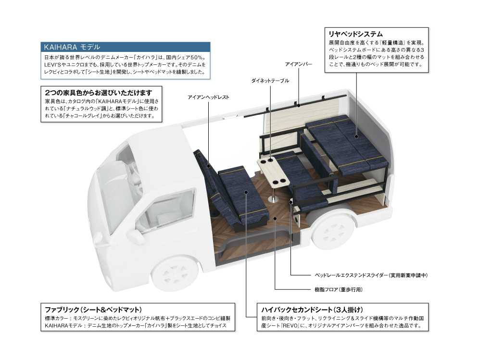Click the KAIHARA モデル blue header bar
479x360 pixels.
(125, 47)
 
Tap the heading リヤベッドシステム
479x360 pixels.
(355, 34)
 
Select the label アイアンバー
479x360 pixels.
(299, 64)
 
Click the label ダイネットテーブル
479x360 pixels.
(270, 81)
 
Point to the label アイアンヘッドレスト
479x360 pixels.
(208, 98)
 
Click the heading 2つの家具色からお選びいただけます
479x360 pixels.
(99, 92)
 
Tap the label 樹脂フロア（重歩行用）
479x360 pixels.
(339, 289)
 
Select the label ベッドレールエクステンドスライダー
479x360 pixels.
(351, 275)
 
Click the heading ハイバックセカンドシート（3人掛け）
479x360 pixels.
(312, 310)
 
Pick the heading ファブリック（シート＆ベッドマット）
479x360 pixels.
(93, 310)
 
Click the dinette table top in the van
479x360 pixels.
(273, 172)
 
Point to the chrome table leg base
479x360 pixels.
(273, 199)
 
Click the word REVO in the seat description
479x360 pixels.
(290, 326)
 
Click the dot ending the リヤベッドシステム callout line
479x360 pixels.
(356, 137)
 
